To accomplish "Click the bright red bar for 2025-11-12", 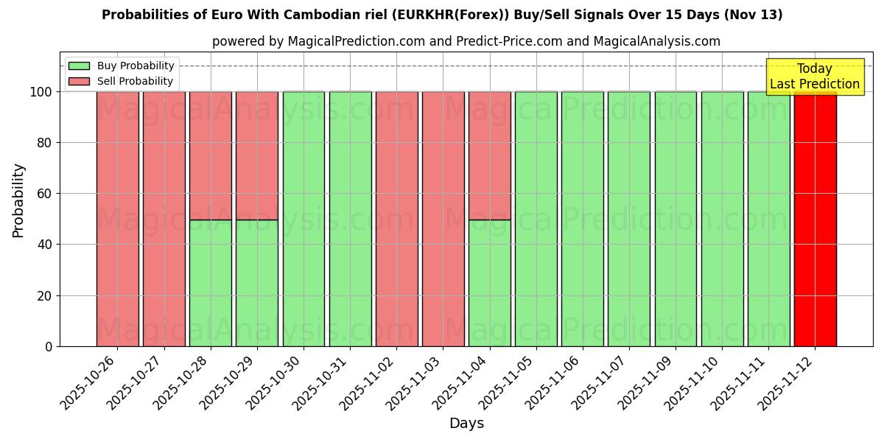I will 815,219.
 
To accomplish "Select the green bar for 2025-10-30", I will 304,219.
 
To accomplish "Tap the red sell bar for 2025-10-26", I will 117,219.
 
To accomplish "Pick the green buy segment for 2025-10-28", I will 211,283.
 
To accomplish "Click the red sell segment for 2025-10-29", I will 257,155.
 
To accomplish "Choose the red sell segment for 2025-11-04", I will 489,155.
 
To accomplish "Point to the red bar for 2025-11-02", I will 396,219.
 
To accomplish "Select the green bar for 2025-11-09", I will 676,219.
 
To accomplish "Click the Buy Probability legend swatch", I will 79,66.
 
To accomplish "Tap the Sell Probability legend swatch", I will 79,82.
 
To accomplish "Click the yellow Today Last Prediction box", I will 814,77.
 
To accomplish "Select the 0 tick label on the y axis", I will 49,346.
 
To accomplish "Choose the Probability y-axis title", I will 18,200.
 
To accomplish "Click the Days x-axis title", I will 466,424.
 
